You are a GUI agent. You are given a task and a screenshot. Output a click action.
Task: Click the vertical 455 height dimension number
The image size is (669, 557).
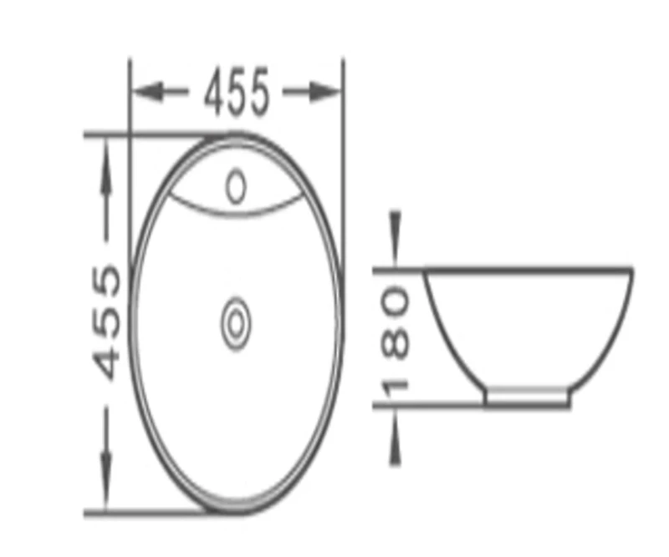point(109,322)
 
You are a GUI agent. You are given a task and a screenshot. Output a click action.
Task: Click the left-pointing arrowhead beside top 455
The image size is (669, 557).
point(149,93)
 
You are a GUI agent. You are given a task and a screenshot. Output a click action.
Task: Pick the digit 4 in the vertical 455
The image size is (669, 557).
point(109,362)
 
